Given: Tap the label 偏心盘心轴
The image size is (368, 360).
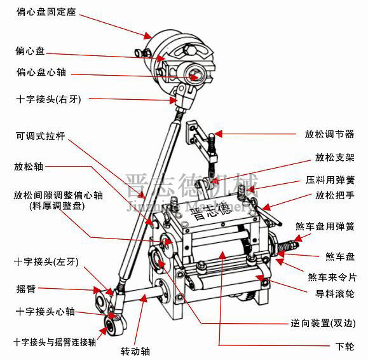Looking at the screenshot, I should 41,73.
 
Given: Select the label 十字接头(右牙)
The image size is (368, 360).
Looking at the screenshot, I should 48,100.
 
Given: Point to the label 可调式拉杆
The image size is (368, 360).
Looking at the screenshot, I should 41,136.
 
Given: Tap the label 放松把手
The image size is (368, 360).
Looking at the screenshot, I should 334,196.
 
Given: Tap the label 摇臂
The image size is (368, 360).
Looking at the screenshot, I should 27,288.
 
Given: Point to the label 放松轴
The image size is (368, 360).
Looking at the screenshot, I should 29,167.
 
